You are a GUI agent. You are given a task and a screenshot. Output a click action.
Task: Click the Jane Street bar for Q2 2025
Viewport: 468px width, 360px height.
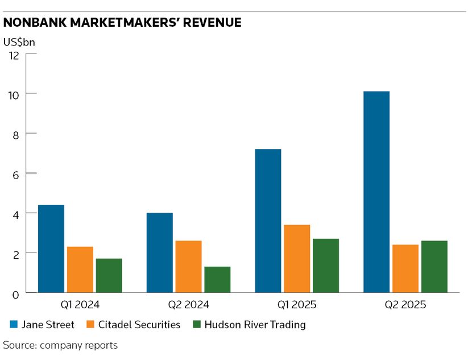(376, 192)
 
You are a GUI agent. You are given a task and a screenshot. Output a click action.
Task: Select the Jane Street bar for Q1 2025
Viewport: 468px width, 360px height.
(268, 221)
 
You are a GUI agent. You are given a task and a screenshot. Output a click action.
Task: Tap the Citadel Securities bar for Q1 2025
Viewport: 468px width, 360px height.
(297, 258)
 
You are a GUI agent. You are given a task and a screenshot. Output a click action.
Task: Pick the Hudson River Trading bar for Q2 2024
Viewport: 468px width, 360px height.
(217, 279)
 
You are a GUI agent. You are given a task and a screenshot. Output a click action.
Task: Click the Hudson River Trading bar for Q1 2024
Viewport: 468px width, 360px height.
(109, 275)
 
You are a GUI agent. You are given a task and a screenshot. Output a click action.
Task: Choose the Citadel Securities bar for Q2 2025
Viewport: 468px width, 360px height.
(405, 268)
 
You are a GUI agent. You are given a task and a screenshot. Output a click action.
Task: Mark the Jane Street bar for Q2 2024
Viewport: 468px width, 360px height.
(159, 253)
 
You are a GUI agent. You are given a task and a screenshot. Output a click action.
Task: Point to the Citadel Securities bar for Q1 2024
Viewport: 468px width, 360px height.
(80, 270)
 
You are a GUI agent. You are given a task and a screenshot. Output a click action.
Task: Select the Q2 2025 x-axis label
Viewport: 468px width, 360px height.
(405, 305)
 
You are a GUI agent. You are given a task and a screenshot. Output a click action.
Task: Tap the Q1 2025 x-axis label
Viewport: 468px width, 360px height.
(296, 305)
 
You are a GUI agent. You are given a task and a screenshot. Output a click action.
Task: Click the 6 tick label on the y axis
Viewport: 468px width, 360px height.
(16, 173)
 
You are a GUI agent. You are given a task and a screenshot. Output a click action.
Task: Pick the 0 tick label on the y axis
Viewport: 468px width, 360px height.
(16, 293)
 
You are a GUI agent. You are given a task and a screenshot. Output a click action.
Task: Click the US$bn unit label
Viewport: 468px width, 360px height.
(19, 41)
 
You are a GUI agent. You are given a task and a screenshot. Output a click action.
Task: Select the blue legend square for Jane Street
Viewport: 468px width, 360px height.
(14, 325)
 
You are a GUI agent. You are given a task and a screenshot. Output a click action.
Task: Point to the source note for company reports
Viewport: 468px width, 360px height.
(60, 345)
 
